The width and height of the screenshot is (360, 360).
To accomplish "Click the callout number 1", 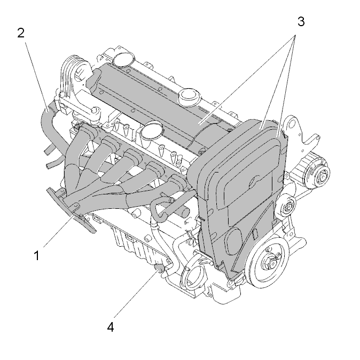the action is point(36,255).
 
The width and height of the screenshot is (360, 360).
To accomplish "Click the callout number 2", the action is point(21,33).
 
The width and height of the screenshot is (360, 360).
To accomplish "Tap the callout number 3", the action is point(301,21).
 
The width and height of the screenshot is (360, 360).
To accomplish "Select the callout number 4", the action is point(111,327).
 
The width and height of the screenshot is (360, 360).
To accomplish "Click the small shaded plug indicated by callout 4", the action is point(159,268).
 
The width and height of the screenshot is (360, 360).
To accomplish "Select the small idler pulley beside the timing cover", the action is point(286,206).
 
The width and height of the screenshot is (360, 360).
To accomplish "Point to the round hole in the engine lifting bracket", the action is point(292,124).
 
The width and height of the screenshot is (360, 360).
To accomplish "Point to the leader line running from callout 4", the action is point(136,294).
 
